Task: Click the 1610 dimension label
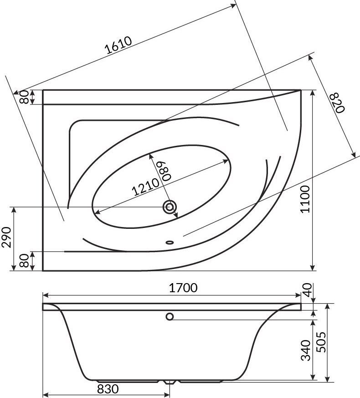click(119, 45)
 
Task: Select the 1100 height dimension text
click(305, 199)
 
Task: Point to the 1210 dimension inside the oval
click(146, 187)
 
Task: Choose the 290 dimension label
click(6, 237)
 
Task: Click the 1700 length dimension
click(183, 288)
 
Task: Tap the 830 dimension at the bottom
click(108, 389)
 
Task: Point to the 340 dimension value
click(305, 350)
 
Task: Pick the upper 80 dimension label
click(24, 97)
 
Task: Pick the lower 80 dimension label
click(24, 261)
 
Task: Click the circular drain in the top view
click(170, 207)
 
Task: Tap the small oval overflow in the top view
click(170, 243)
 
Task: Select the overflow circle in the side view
click(170, 316)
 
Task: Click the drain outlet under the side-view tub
click(170, 382)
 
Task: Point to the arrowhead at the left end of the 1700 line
click(46, 295)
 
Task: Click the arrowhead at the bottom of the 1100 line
click(313, 268)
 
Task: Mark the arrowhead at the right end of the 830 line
click(167, 395)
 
